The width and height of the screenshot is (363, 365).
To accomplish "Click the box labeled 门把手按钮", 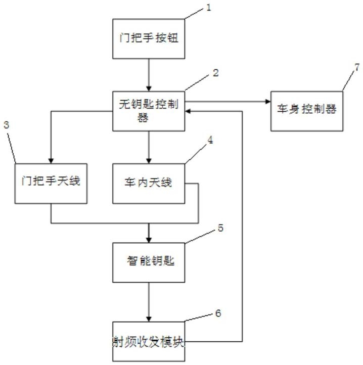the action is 149,38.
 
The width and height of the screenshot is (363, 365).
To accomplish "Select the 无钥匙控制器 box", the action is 149,111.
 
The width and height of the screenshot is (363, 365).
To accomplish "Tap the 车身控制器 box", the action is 307,111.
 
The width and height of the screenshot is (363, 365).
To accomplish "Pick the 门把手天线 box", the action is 51,184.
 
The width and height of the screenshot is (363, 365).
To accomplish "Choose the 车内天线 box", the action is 149,184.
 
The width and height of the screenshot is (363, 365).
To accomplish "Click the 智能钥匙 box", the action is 149,262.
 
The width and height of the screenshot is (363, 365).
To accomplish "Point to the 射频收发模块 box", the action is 149,341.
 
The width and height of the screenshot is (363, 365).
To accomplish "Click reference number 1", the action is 209,8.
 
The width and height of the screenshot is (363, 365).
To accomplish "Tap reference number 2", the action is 216,73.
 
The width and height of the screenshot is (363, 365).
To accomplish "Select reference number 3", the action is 6,125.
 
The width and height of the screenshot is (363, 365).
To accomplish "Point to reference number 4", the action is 210,140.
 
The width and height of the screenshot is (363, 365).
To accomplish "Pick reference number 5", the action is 220,228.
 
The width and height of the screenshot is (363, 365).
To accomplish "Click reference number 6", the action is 218,313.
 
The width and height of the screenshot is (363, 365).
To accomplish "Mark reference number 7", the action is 357,67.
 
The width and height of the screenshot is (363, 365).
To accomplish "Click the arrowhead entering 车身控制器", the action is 268,102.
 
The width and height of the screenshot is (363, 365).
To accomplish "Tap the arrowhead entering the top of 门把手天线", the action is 51,161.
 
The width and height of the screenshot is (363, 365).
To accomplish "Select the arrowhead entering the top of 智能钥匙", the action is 149,240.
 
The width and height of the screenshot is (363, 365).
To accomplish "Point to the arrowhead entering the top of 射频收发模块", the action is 149,319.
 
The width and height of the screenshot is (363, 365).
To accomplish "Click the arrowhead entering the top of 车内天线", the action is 149,161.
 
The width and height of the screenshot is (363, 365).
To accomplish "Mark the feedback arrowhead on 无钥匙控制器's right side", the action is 188,111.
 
